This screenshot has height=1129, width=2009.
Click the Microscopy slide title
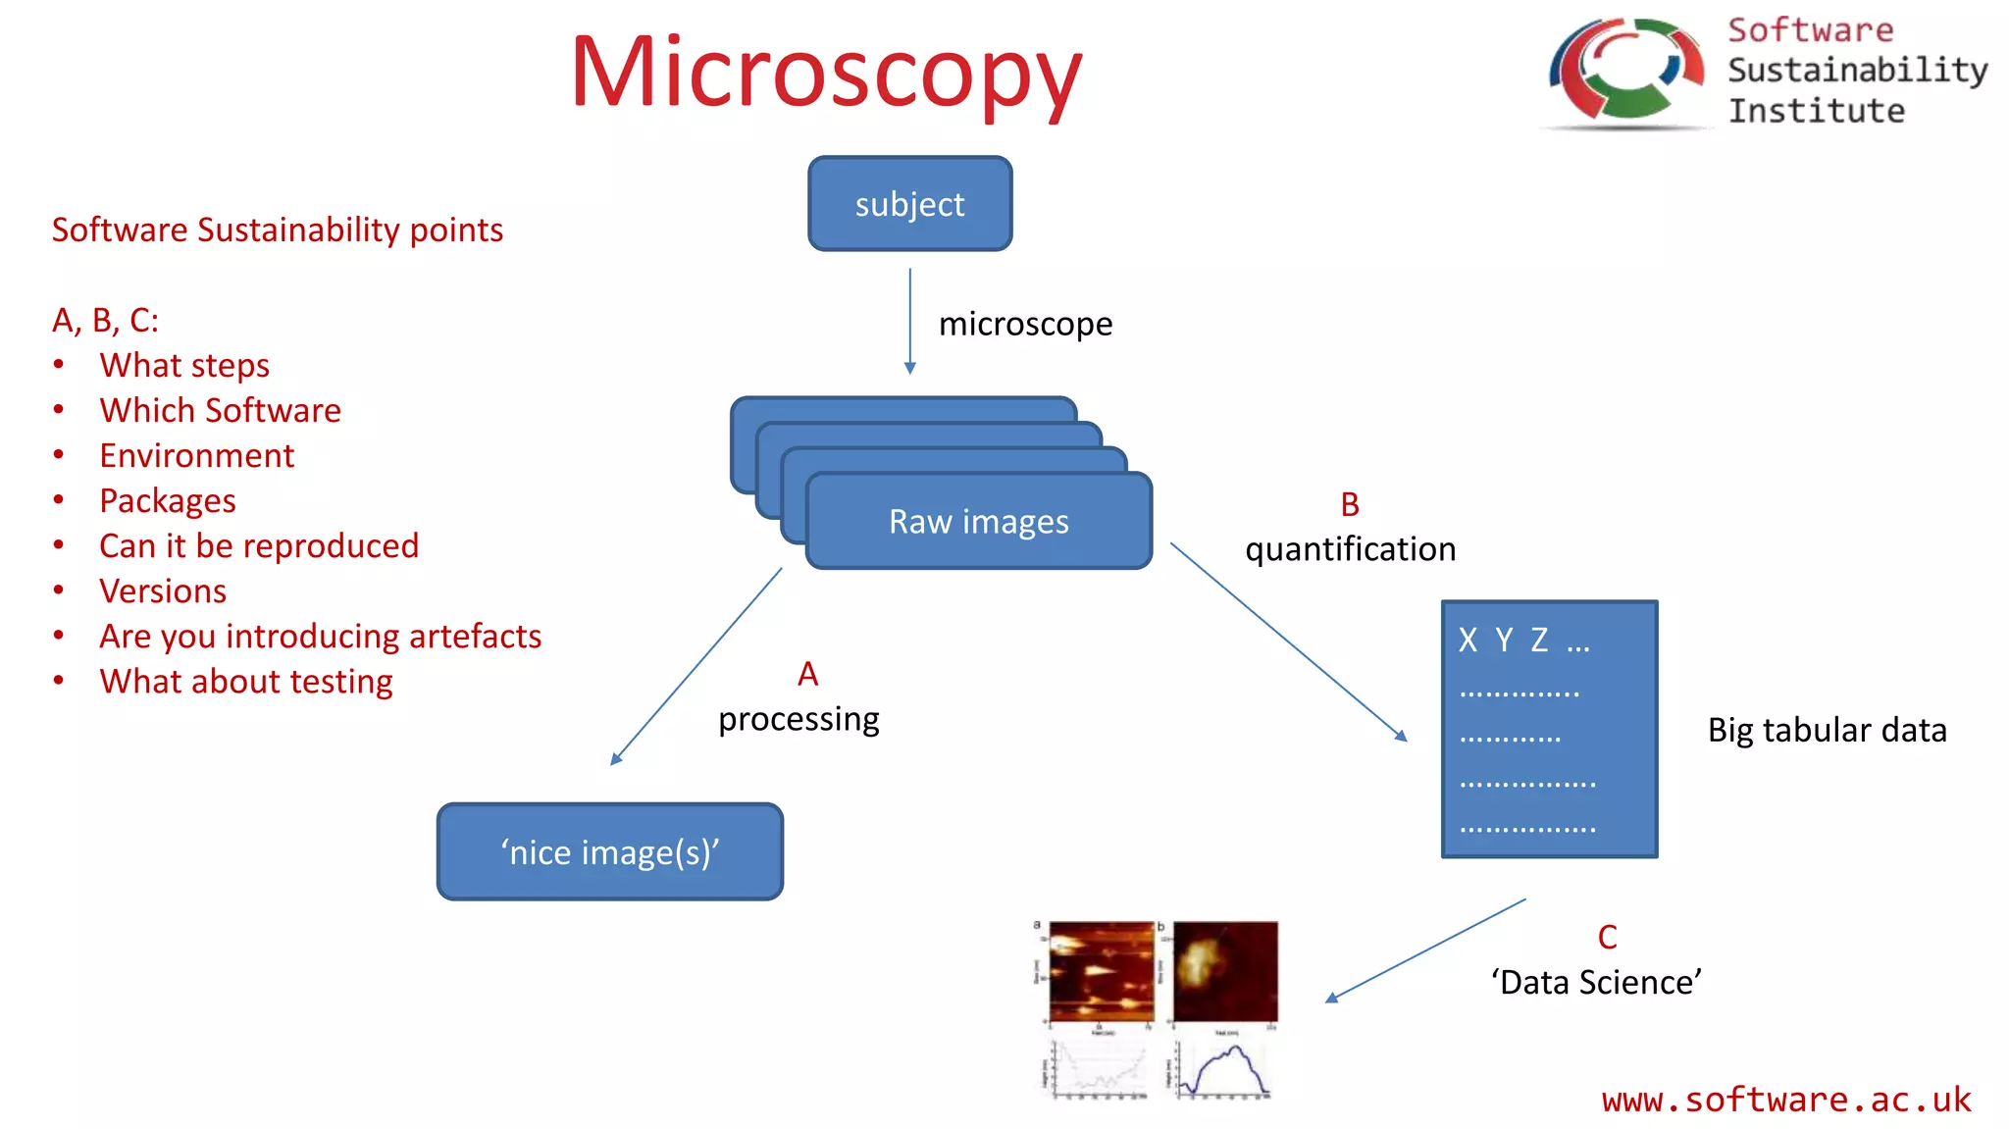coord(826,74)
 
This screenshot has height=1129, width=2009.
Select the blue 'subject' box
coord(909,204)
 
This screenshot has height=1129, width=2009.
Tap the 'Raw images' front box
coord(978,522)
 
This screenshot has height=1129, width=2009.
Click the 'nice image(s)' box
coord(609,851)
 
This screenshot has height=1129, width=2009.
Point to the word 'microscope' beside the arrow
coord(1025,324)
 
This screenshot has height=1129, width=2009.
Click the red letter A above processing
coord(807,674)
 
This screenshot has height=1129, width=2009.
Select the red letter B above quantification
coord(1350,504)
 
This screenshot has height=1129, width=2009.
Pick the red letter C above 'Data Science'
coord(1607,937)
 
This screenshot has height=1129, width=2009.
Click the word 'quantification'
coord(1350,549)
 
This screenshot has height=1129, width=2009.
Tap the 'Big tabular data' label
coord(1827,730)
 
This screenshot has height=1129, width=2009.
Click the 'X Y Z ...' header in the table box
coord(1522,641)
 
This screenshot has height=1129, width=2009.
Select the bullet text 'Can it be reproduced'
coord(259,545)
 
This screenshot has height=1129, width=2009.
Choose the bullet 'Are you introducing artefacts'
coord(320,636)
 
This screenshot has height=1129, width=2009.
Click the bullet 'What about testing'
coord(245,681)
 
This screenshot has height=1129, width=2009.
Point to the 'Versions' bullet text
coord(163,590)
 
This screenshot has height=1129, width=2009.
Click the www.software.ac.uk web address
coord(1785,1100)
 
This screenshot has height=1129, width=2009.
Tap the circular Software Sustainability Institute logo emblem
coord(1625,71)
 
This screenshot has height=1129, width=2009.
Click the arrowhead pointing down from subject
coord(909,368)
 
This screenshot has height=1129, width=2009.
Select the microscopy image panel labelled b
coord(1225,971)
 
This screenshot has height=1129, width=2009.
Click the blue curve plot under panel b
coord(1224,1070)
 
